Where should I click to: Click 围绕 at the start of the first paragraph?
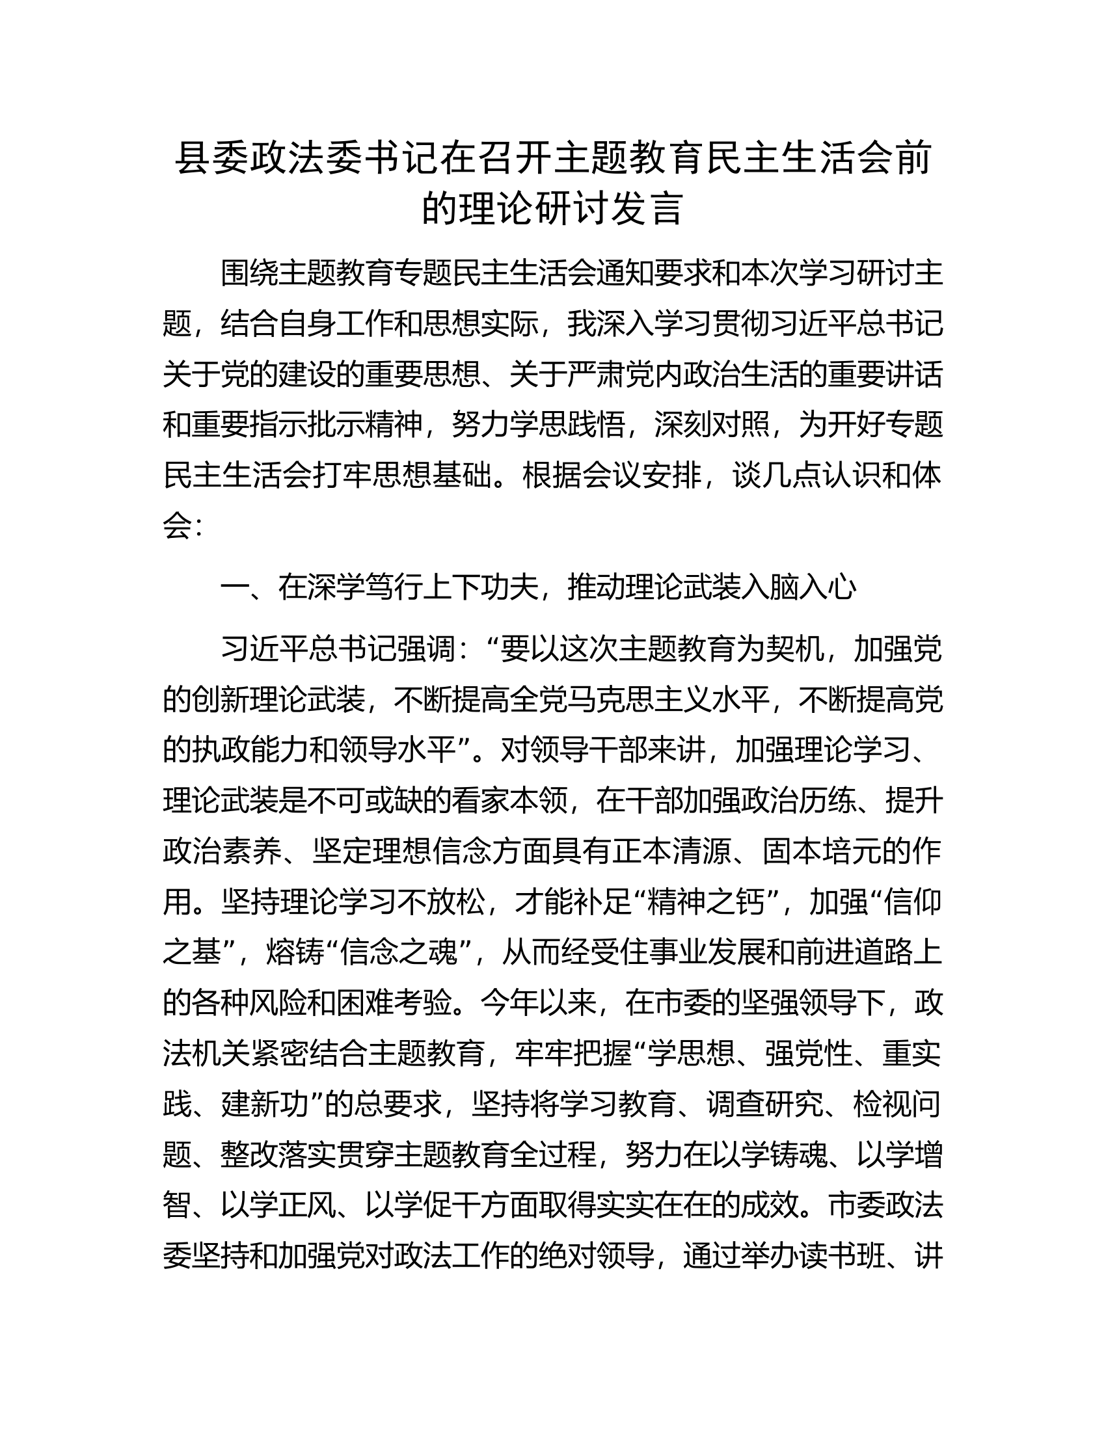(x=250, y=274)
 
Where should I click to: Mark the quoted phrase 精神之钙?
(x=706, y=902)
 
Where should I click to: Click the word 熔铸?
(x=295, y=952)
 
